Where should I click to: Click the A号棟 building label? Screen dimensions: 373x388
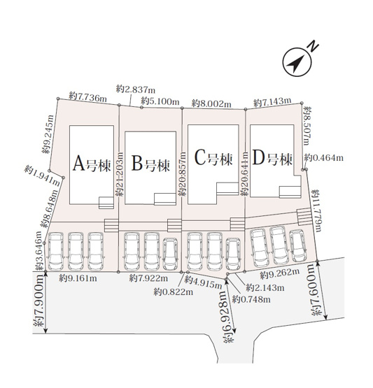[x=92, y=164]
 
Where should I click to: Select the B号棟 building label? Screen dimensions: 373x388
[x=150, y=163]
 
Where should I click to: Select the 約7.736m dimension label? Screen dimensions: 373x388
[x=87, y=96]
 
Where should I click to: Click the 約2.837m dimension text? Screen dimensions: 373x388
[x=136, y=89]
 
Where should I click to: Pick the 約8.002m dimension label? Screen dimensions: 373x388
[x=212, y=103]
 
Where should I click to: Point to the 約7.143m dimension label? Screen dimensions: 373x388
[x=272, y=101]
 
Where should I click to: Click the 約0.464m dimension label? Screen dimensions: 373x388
[x=324, y=157]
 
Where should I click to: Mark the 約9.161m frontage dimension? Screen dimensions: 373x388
[x=78, y=278]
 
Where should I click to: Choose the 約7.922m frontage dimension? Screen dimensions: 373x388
[x=148, y=278]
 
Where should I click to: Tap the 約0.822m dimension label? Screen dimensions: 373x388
[x=173, y=292]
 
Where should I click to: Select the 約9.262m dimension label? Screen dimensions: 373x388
[x=280, y=274]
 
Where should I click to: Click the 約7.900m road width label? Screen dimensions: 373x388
[x=39, y=301]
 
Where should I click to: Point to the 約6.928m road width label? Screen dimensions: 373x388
[x=228, y=317]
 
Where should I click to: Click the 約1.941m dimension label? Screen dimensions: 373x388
[x=42, y=176]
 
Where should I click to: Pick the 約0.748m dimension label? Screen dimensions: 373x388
[x=251, y=299]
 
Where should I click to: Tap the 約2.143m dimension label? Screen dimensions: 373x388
[x=265, y=287]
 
